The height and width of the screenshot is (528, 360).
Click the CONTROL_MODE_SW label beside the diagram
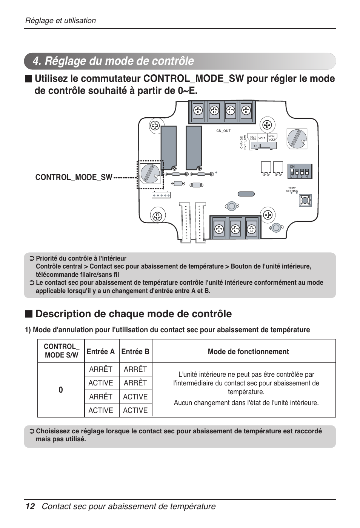tap(74, 177)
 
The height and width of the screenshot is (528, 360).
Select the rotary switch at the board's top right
tap(297, 138)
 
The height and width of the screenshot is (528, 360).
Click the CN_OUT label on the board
tap(223, 131)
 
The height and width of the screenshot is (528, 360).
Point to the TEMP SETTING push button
tap(305, 200)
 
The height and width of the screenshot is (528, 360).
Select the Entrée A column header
tap(101, 351)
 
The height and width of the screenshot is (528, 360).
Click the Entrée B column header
tap(135, 351)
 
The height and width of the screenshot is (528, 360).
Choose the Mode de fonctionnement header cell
tap(248, 351)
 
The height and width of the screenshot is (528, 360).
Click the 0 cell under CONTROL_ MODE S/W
tap(61, 390)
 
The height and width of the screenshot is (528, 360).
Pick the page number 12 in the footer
tap(30, 507)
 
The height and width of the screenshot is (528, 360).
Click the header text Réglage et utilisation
tap(60, 21)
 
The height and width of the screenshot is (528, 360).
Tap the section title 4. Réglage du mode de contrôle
tap(113, 61)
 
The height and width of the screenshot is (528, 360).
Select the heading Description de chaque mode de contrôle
tap(133, 314)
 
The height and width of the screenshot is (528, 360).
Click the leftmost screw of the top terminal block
tap(198, 111)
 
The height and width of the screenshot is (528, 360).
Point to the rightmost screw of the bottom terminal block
tap(251, 229)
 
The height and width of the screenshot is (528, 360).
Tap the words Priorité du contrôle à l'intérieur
tap(81, 258)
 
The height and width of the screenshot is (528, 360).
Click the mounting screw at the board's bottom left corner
tap(157, 216)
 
